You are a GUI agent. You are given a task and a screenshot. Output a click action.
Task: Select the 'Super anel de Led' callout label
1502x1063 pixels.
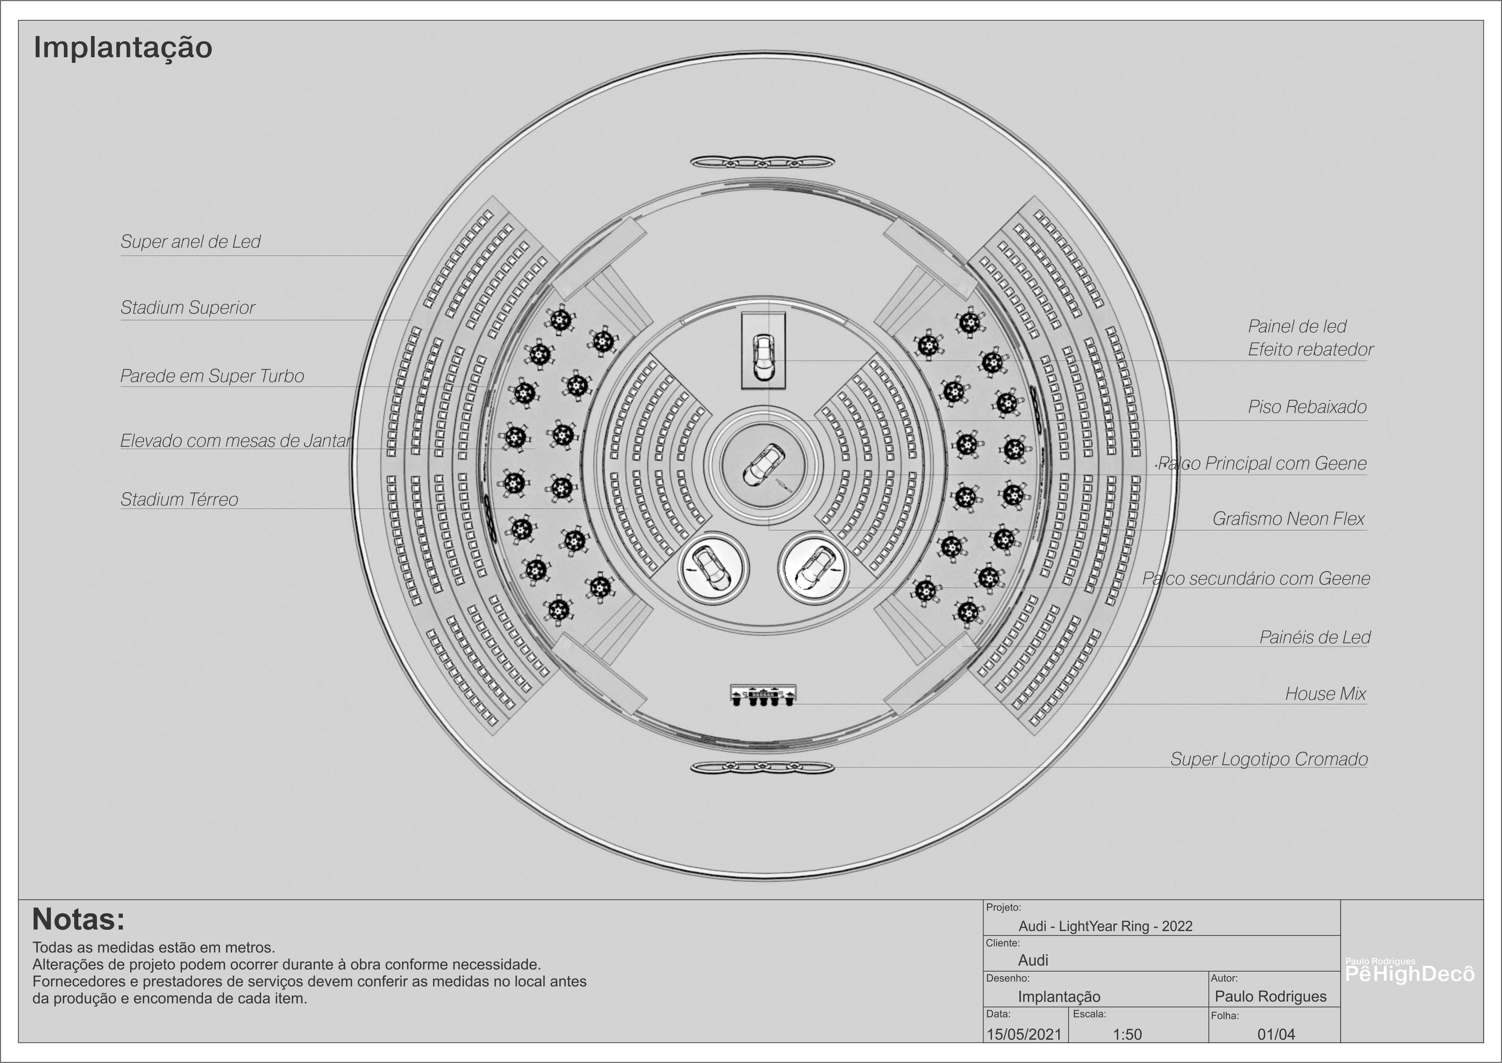pyautogui.click(x=190, y=242)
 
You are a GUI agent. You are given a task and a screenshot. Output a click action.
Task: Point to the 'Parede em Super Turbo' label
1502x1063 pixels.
pyautogui.click(x=212, y=376)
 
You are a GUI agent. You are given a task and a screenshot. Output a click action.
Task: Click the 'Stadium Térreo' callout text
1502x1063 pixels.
pyautogui.click(x=179, y=499)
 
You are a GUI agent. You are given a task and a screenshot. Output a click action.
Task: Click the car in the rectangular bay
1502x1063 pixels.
pyautogui.click(x=763, y=357)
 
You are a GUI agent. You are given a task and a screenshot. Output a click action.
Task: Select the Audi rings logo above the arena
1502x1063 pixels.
pyautogui.click(x=762, y=162)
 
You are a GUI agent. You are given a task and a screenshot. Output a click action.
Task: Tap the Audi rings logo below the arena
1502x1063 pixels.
pyautogui.click(x=762, y=767)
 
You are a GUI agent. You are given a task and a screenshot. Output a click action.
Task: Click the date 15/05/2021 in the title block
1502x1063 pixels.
pyautogui.click(x=1024, y=1034)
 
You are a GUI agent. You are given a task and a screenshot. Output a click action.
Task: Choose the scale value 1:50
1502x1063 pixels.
pyautogui.click(x=1127, y=1034)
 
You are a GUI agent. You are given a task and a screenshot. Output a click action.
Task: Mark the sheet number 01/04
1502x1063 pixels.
pyautogui.click(x=1276, y=1034)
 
